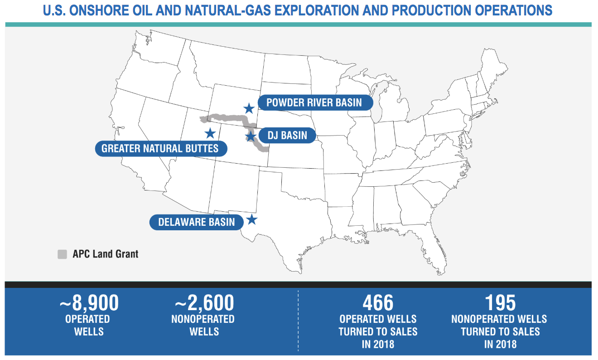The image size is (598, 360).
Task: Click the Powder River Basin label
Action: pyautogui.click(x=315, y=102)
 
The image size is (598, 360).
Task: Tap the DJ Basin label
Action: pyautogui.click(x=288, y=136)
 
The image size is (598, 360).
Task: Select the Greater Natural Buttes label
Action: pyautogui.click(x=161, y=149)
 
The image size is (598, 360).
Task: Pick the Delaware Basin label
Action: pyautogui.click(x=197, y=222)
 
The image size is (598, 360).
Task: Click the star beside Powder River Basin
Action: pyautogui.click(x=249, y=108)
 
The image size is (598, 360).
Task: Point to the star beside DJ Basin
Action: pyautogui.click(x=251, y=136)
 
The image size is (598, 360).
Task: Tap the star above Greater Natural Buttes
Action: pyautogui.click(x=210, y=133)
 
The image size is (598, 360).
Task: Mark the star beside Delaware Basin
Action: pyautogui.click(x=251, y=220)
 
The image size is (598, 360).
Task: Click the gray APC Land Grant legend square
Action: pyautogui.click(x=62, y=254)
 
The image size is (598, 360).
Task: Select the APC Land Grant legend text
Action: pyautogui.click(x=106, y=254)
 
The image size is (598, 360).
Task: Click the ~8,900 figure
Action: pyautogui.click(x=89, y=303)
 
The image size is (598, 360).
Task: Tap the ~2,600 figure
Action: pyautogui.click(x=204, y=303)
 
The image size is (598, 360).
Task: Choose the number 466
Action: pyautogui.click(x=378, y=303)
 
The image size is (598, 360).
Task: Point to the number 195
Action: pyautogui.click(x=500, y=303)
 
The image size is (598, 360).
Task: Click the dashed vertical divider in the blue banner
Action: pyautogui.click(x=298, y=321)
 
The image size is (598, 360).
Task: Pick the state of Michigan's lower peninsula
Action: pyautogui.click(x=394, y=106)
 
